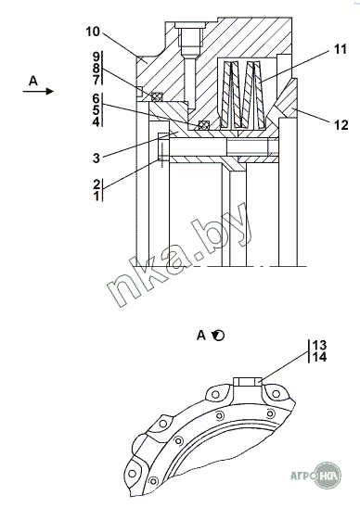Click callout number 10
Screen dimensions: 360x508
pyautogui.click(x=93, y=32)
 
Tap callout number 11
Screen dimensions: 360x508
pyautogui.click(x=341, y=49)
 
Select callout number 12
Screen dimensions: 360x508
pyautogui.click(x=341, y=125)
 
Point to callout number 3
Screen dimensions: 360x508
pyautogui.click(x=96, y=159)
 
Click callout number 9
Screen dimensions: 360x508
pyautogui.click(x=96, y=57)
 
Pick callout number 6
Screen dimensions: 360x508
pyautogui.click(x=96, y=98)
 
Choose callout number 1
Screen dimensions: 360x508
pyautogui.click(x=96, y=196)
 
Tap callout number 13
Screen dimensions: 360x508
pyautogui.click(x=319, y=345)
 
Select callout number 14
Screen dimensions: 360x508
pyautogui.click(x=319, y=357)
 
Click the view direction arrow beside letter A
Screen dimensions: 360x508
pyautogui.click(x=38, y=92)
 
